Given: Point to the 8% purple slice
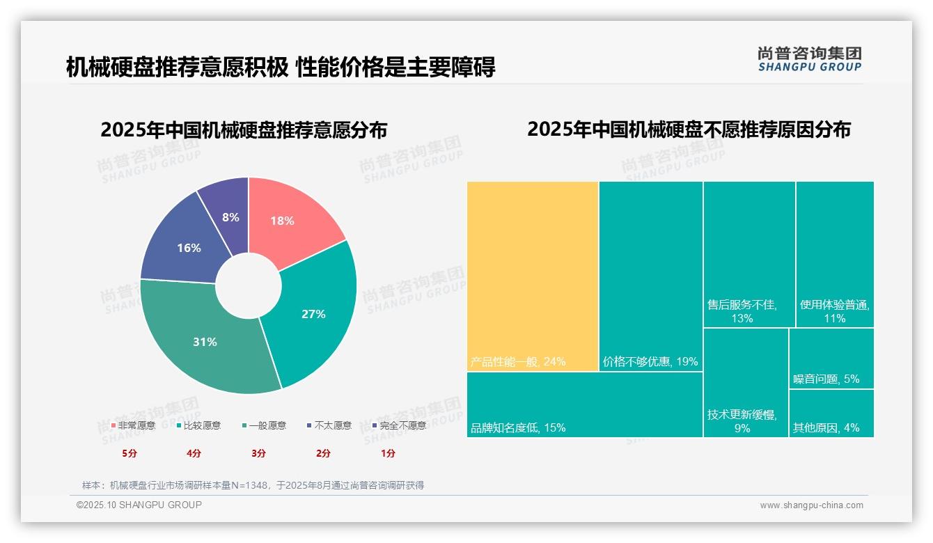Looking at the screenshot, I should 230,212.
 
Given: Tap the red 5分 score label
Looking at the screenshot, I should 130,453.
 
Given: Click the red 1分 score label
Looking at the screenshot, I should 388,453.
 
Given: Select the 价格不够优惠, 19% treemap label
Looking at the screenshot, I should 650,361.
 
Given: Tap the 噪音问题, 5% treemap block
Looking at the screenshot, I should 831,359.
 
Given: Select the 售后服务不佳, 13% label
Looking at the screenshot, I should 742,311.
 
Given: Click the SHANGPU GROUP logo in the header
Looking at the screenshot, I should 809,59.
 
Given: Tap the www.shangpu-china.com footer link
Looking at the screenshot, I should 811,505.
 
